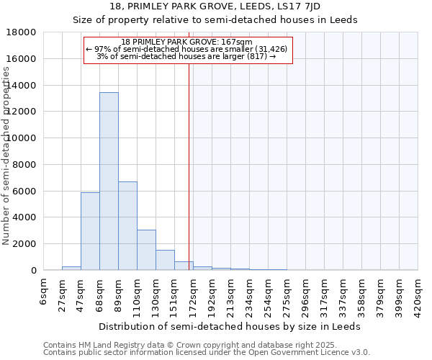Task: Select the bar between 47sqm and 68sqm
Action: click(90, 231)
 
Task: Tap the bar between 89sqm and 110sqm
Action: click(127, 226)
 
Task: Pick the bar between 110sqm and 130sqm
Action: click(146, 250)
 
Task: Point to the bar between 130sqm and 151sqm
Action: click(165, 260)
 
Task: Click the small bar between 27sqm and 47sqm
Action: click(71, 268)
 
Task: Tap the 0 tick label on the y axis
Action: click(33, 271)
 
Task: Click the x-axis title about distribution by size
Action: click(230, 326)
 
